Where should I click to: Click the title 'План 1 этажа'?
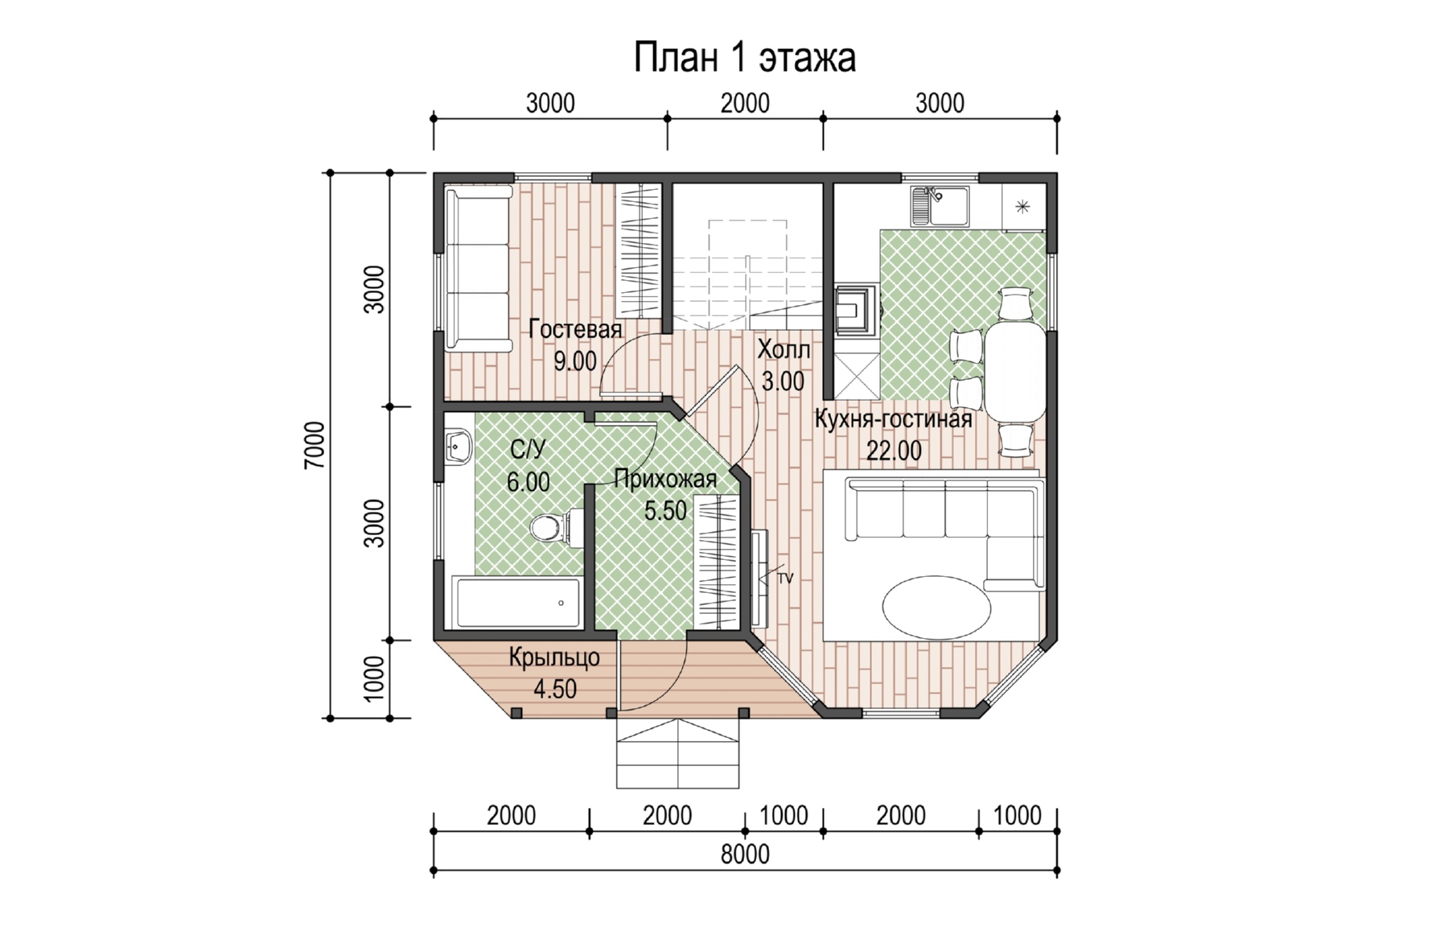click(x=744, y=58)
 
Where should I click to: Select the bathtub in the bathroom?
click(x=517, y=602)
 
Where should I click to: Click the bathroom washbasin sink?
click(x=458, y=444)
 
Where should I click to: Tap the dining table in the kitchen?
click(x=1016, y=371)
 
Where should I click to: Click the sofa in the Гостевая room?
click(x=479, y=269)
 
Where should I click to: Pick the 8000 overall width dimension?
click(x=745, y=854)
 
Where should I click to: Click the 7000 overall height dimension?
click(x=315, y=445)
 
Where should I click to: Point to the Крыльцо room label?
click(x=554, y=657)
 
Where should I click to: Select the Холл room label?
click(x=784, y=350)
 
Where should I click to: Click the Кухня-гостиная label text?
click(x=893, y=419)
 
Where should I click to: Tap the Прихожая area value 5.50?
click(x=665, y=510)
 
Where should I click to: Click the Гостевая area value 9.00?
click(x=574, y=361)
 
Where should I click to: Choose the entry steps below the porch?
click(x=677, y=753)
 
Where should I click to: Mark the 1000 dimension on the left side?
click(x=374, y=678)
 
